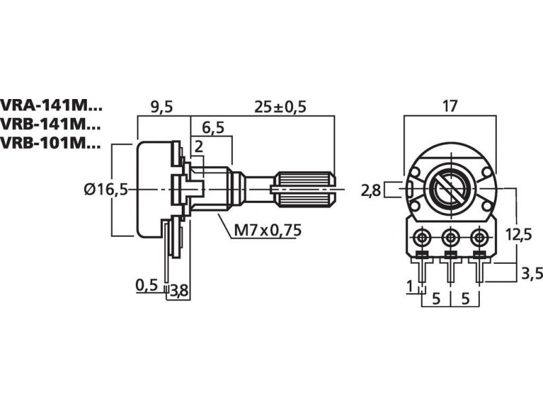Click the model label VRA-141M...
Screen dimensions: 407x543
[x=51, y=106]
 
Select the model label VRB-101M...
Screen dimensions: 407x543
[x=51, y=143]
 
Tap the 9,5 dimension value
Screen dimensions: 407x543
[x=162, y=106]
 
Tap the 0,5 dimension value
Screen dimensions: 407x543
[x=147, y=285]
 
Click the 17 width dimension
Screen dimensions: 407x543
[x=450, y=106]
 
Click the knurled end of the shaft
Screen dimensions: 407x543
[x=303, y=189]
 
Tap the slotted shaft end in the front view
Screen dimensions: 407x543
[x=449, y=188]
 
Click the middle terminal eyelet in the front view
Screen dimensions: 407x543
[x=450, y=237]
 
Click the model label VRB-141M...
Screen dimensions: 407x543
[x=51, y=125]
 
